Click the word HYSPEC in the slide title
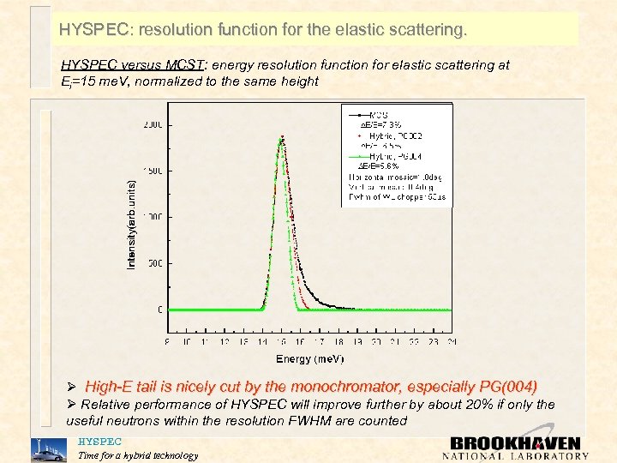pyautogui.click(x=93, y=30)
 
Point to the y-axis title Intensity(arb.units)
pyautogui.click(x=131, y=223)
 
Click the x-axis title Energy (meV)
pyautogui.click(x=309, y=358)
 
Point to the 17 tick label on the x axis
pyautogui.click(x=319, y=340)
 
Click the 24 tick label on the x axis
pyautogui.click(x=451, y=340)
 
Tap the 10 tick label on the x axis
pyautogui.click(x=187, y=340)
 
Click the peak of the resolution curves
pyautogui.click(x=281, y=141)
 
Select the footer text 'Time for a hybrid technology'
pyautogui.click(x=137, y=455)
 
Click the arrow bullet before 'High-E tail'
pyautogui.click(x=73, y=387)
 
